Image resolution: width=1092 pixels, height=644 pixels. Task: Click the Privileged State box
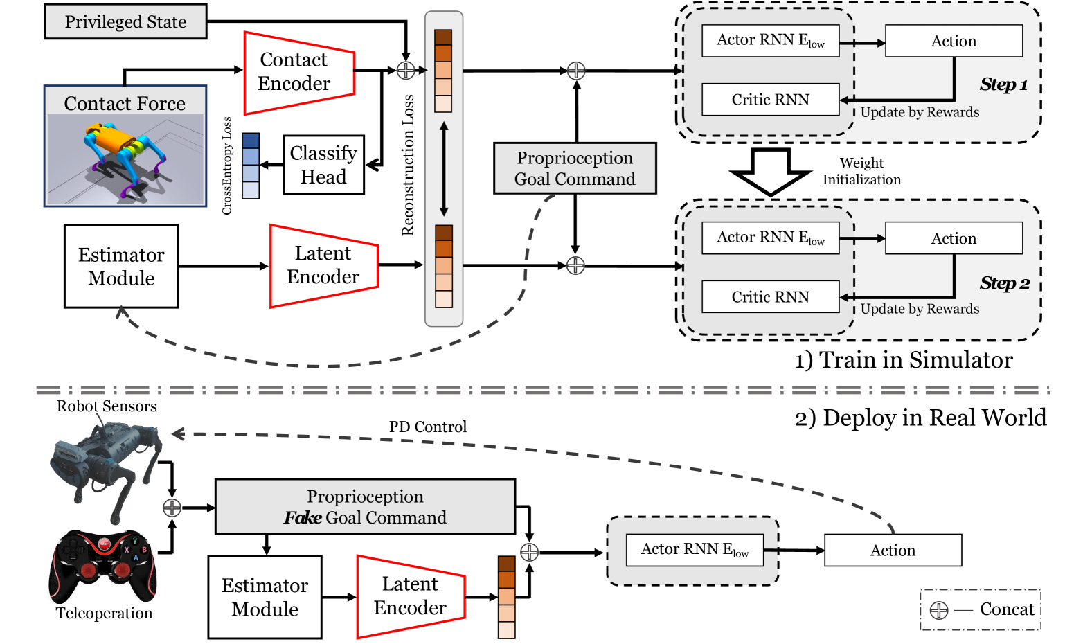pyautogui.click(x=125, y=21)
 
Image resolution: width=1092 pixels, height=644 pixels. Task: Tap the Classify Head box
pyautogui.click(x=323, y=165)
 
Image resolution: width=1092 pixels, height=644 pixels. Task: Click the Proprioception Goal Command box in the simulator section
pyautogui.click(x=575, y=168)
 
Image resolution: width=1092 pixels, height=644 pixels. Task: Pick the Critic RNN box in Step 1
pyautogui.click(x=770, y=100)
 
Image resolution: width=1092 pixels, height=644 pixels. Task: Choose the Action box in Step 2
pyautogui.click(x=954, y=238)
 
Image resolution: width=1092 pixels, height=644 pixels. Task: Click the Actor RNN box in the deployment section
pyautogui.click(x=695, y=550)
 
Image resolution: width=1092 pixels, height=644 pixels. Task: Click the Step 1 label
pyautogui.click(x=1003, y=84)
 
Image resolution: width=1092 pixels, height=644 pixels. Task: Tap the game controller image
pyautogui.click(x=104, y=566)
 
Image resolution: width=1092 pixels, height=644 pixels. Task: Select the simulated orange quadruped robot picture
pyautogui.click(x=125, y=159)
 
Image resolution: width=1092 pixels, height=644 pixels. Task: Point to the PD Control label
pyautogui.click(x=427, y=427)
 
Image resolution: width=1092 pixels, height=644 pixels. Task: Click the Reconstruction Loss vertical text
pyautogui.click(x=408, y=165)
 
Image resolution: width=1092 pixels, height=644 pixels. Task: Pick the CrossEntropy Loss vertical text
pyautogui.click(x=226, y=166)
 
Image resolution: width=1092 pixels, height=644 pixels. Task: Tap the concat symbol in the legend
pyautogui.click(x=939, y=610)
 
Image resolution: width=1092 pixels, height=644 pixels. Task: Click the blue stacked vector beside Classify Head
pyautogui.click(x=251, y=166)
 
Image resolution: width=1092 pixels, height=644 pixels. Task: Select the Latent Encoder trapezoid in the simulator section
pyautogui.click(x=323, y=266)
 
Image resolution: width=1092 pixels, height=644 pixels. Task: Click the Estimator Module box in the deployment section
pyautogui.click(x=265, y=597)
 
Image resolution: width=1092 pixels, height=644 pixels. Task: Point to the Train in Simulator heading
pyautogui.click(x=903, y=360)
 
